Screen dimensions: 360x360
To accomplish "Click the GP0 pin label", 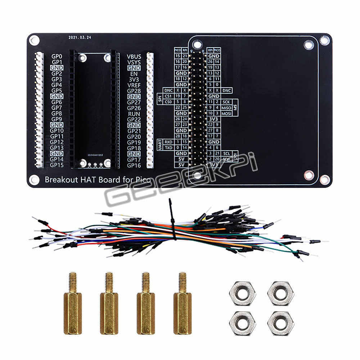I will pos(57,57).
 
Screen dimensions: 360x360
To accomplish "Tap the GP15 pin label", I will pos(57,165).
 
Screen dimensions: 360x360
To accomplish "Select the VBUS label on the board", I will pos(134,57).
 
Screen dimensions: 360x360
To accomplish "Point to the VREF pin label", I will pos(134,85).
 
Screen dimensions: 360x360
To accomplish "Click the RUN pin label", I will pos(134,114).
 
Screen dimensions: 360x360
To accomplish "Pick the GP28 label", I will pos(134,91).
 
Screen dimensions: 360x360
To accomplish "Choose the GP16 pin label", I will pos(134,165).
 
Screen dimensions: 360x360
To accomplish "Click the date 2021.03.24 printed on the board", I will pos(80,37).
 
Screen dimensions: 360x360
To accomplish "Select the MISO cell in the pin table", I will pos(226,108).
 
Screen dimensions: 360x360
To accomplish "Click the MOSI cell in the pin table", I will pos(226,113).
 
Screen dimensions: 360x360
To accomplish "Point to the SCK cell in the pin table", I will pos(226,102).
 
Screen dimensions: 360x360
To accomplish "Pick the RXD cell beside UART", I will pos(168,142).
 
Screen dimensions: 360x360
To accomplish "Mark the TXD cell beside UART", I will pos(168,148).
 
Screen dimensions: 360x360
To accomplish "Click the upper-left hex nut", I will pos(242,292).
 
